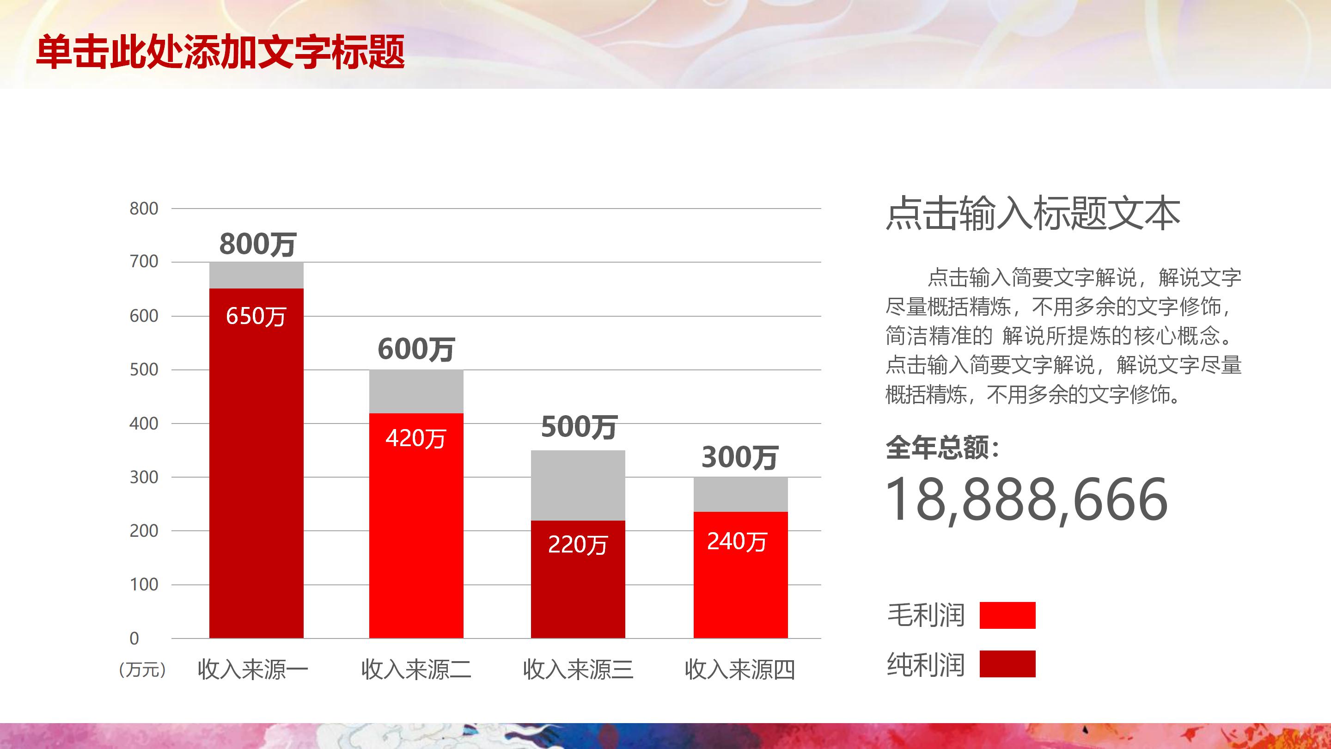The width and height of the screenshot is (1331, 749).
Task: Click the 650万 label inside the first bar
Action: tap(256, 316)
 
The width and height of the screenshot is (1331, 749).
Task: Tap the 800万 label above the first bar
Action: tap(257, 244)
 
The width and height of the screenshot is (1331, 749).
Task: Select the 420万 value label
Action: tap(415, 438)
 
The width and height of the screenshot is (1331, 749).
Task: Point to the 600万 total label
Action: tap(416, 349)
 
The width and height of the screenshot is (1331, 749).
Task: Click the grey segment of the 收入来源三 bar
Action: tap(578, 485)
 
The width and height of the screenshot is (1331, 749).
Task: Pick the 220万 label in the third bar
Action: tap(578, 544)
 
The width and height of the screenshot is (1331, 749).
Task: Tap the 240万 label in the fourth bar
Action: tap(737, 541)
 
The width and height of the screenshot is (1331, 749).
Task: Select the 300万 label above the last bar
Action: tap(739, 457)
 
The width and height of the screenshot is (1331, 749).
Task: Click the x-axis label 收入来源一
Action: tap(253, 669)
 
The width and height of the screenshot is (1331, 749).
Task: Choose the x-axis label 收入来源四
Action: tap(739, 669)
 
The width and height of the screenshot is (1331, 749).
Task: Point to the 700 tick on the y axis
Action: tap(144, 262)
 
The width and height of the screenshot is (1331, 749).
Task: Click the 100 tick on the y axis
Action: tap(144, 584)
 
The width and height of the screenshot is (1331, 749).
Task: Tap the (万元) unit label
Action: tap(142, 669)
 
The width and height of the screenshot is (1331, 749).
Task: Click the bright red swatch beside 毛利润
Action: tap(1007, 615)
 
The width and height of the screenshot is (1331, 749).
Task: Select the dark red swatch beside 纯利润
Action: tap(1007, 664)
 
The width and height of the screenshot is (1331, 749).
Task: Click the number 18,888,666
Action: tap(1026, 499)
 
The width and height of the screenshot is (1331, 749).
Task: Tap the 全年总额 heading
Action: tap(942, 447)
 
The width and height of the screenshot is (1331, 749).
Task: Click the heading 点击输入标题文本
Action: tap(1033, 213)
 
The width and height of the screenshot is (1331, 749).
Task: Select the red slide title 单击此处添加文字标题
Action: tap(220, 52)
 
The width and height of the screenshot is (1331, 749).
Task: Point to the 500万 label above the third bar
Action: tap(579, 427)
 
